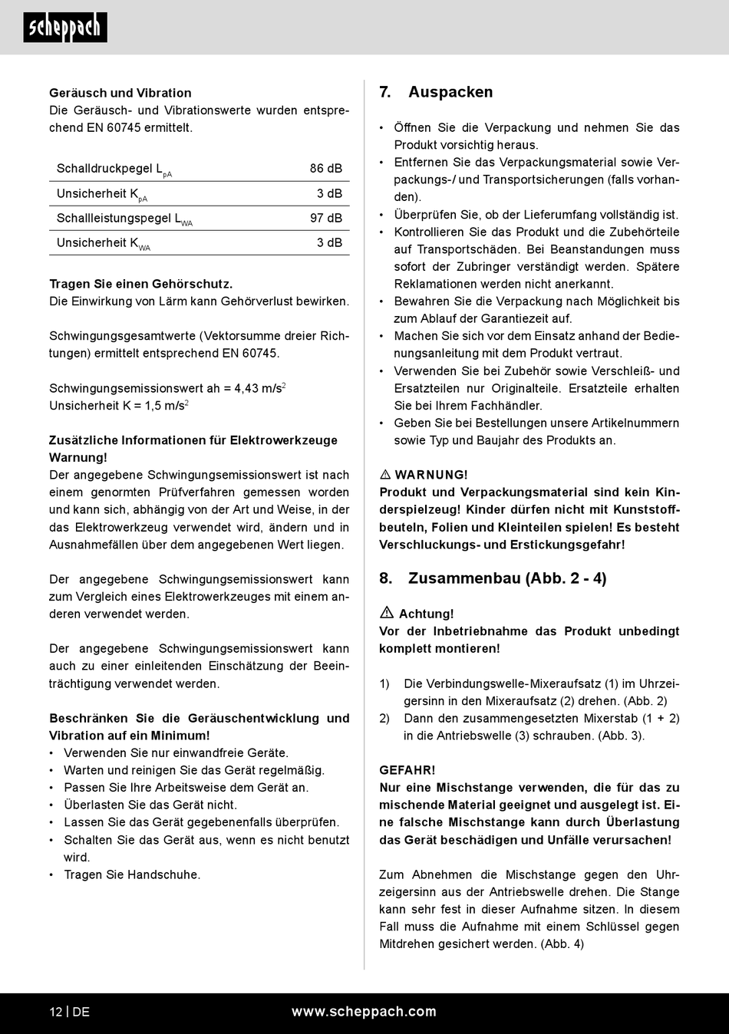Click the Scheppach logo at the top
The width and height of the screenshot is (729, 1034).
(65, 28)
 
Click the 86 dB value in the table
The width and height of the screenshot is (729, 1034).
(326, 169)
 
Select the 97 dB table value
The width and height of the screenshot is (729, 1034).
(326, 219)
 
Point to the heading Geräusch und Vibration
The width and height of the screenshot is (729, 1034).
(120, 93)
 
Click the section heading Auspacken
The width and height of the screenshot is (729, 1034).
(450, 92)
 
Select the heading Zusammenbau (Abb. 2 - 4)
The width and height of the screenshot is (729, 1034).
(507, 578)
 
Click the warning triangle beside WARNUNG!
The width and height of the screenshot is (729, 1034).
(386, 475)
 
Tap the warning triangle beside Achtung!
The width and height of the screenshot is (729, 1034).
(387, 613)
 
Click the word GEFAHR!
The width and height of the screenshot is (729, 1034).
(407, 770)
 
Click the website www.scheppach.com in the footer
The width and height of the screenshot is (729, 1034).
(364, 1012)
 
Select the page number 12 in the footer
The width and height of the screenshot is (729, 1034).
(56, 1012)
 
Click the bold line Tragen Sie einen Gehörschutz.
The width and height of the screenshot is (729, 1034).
(141, 284)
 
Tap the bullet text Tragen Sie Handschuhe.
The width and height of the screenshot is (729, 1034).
(132, 874)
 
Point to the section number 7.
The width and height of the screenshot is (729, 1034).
(385, 92)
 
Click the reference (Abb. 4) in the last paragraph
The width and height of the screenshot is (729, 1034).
(562, 944)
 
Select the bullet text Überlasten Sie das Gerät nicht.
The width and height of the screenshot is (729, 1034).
(150, 805)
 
